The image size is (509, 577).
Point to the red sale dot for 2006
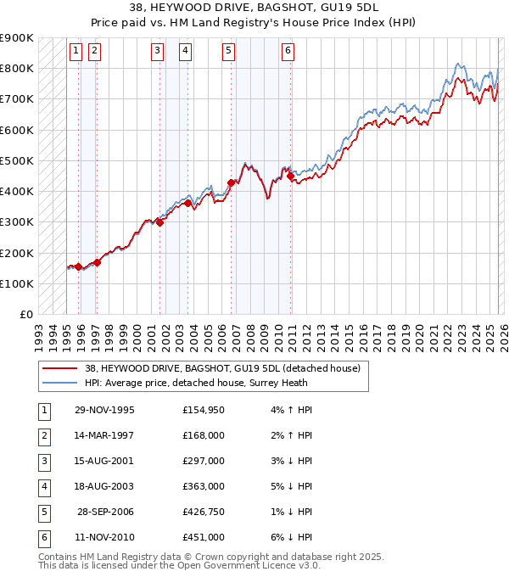[231, 182]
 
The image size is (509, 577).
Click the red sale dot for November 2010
[290, 176]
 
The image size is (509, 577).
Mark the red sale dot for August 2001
[159, 223]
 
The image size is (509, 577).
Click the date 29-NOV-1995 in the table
[104, 411]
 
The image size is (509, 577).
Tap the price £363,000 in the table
[204, 487]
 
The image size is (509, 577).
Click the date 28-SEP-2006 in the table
[106, 513]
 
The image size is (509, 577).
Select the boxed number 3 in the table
[42, 462]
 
